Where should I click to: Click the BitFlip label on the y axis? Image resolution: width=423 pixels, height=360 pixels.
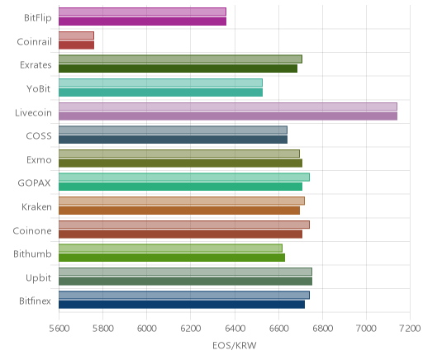(38, 17)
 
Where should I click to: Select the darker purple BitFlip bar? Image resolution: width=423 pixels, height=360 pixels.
(142, 21)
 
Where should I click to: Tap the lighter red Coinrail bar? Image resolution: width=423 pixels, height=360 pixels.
(76, 36)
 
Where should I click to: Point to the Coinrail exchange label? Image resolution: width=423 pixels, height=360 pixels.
(34, 42)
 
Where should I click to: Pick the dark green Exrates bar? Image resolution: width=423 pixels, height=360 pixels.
(178, 69)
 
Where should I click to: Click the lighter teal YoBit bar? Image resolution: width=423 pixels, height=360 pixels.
(160, 83)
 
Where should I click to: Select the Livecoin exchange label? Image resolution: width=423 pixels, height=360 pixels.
(33, 113)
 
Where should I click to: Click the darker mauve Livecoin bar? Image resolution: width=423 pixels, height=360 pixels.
(228, 116)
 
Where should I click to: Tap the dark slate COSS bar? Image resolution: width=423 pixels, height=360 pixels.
(173, 140)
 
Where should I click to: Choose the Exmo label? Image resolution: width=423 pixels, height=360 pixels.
(39, 160)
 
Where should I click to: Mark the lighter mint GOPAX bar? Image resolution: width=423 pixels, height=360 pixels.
(184, 178)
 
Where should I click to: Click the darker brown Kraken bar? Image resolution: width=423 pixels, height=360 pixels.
(179, 211)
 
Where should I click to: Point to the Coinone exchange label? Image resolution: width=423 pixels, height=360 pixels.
(32, 230)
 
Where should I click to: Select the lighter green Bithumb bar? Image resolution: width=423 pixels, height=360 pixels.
(170, 248)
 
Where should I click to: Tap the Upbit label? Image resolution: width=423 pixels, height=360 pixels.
(39, 278)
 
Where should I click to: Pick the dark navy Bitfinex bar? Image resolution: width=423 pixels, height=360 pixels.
(182, 305)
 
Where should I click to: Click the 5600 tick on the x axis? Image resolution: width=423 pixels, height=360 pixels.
(59, 329)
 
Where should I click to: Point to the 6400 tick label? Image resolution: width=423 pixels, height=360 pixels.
(235, 329)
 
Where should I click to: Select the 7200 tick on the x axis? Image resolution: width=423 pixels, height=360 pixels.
(410, 329)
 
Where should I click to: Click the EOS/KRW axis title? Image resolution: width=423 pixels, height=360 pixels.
(235, 345)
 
